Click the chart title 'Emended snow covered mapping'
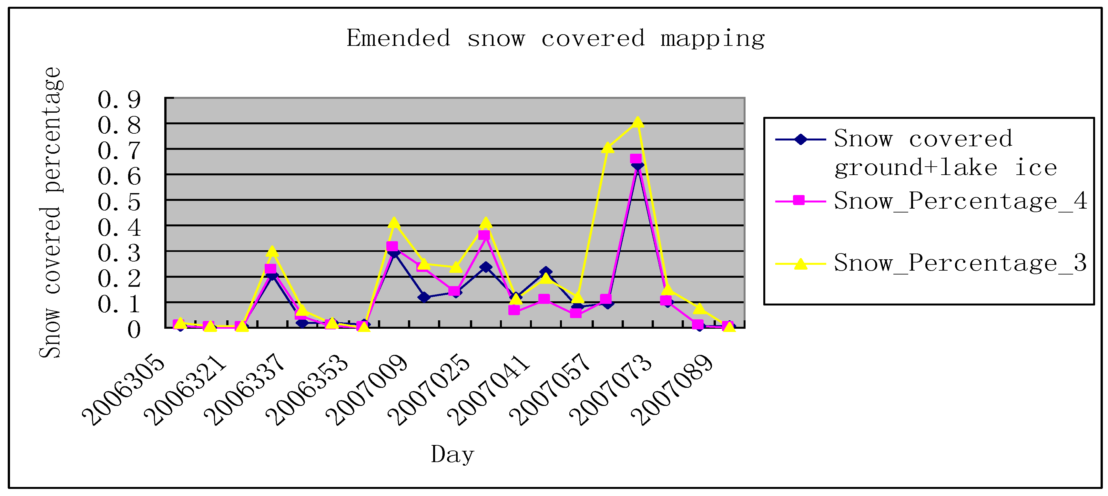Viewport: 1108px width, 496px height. tap(555, 39)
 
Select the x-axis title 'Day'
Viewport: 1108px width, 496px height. tap(452, 455)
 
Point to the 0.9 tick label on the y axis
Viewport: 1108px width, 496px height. tap(119, 100)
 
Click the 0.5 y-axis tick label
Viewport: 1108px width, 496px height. tap(119, 202)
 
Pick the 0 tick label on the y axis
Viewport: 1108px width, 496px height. tap(134, 330)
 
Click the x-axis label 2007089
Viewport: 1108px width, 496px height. tap(672, 389)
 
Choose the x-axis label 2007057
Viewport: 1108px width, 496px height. tap(550, 389)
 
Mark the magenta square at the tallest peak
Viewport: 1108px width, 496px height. tap(636, 160)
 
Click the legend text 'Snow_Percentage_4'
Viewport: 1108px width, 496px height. tap(961, 201)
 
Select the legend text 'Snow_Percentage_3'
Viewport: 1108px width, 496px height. tap(961, 263)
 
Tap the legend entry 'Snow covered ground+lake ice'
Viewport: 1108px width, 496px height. tap(945, 153)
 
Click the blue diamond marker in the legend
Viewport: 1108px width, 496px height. tap(800, 139)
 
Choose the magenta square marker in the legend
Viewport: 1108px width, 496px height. tap(799, 201)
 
